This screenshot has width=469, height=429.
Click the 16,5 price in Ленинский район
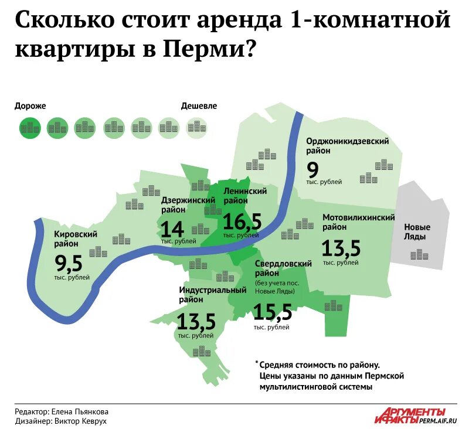click(x=242, y=221)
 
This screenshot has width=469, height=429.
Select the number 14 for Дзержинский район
click(x=172, y=229)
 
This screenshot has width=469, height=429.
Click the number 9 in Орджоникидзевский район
click(x=313, y=169)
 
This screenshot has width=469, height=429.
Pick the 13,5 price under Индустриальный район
click(x=196, y=321)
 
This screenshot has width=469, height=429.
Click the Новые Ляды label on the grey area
click(x=417, y=232)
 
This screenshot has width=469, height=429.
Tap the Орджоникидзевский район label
click(x=348, y=146)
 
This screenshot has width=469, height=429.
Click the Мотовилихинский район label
click(x=358, y=222)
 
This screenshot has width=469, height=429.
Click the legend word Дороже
click(x=30, y=106)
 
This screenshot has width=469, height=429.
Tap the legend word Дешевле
click(x=199, y=106)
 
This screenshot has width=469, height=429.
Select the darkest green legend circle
click(x=29, y=127)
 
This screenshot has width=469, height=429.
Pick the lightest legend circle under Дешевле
click(x=196, y=127)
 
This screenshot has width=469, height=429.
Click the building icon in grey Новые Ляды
click(x=419, y=254)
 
